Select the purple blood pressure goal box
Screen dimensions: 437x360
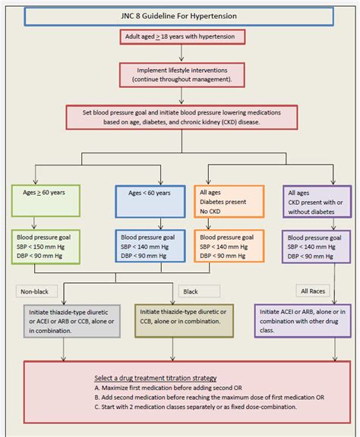tap(316, 247)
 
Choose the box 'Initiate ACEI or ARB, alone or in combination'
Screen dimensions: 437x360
tap(304, 322)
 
